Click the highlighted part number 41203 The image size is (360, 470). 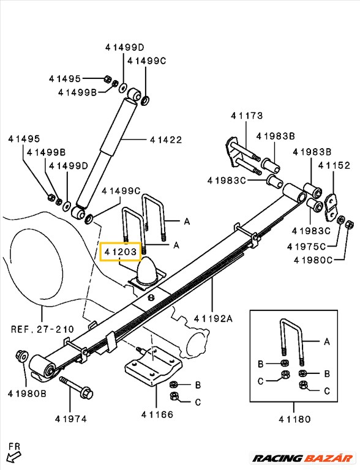(x=121, y=251)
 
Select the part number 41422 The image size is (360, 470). (x=166, y=140)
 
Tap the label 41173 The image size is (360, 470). (x=247, y=116)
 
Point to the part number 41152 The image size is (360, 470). (x=334, y=165)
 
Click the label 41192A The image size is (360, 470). (x=214, y=318)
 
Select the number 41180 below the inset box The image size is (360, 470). (x=294, y=419)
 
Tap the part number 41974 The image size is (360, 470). (x=70, y=419)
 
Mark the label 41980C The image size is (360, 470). (x=312, y=259)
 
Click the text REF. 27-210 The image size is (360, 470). (x=42, y=329)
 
